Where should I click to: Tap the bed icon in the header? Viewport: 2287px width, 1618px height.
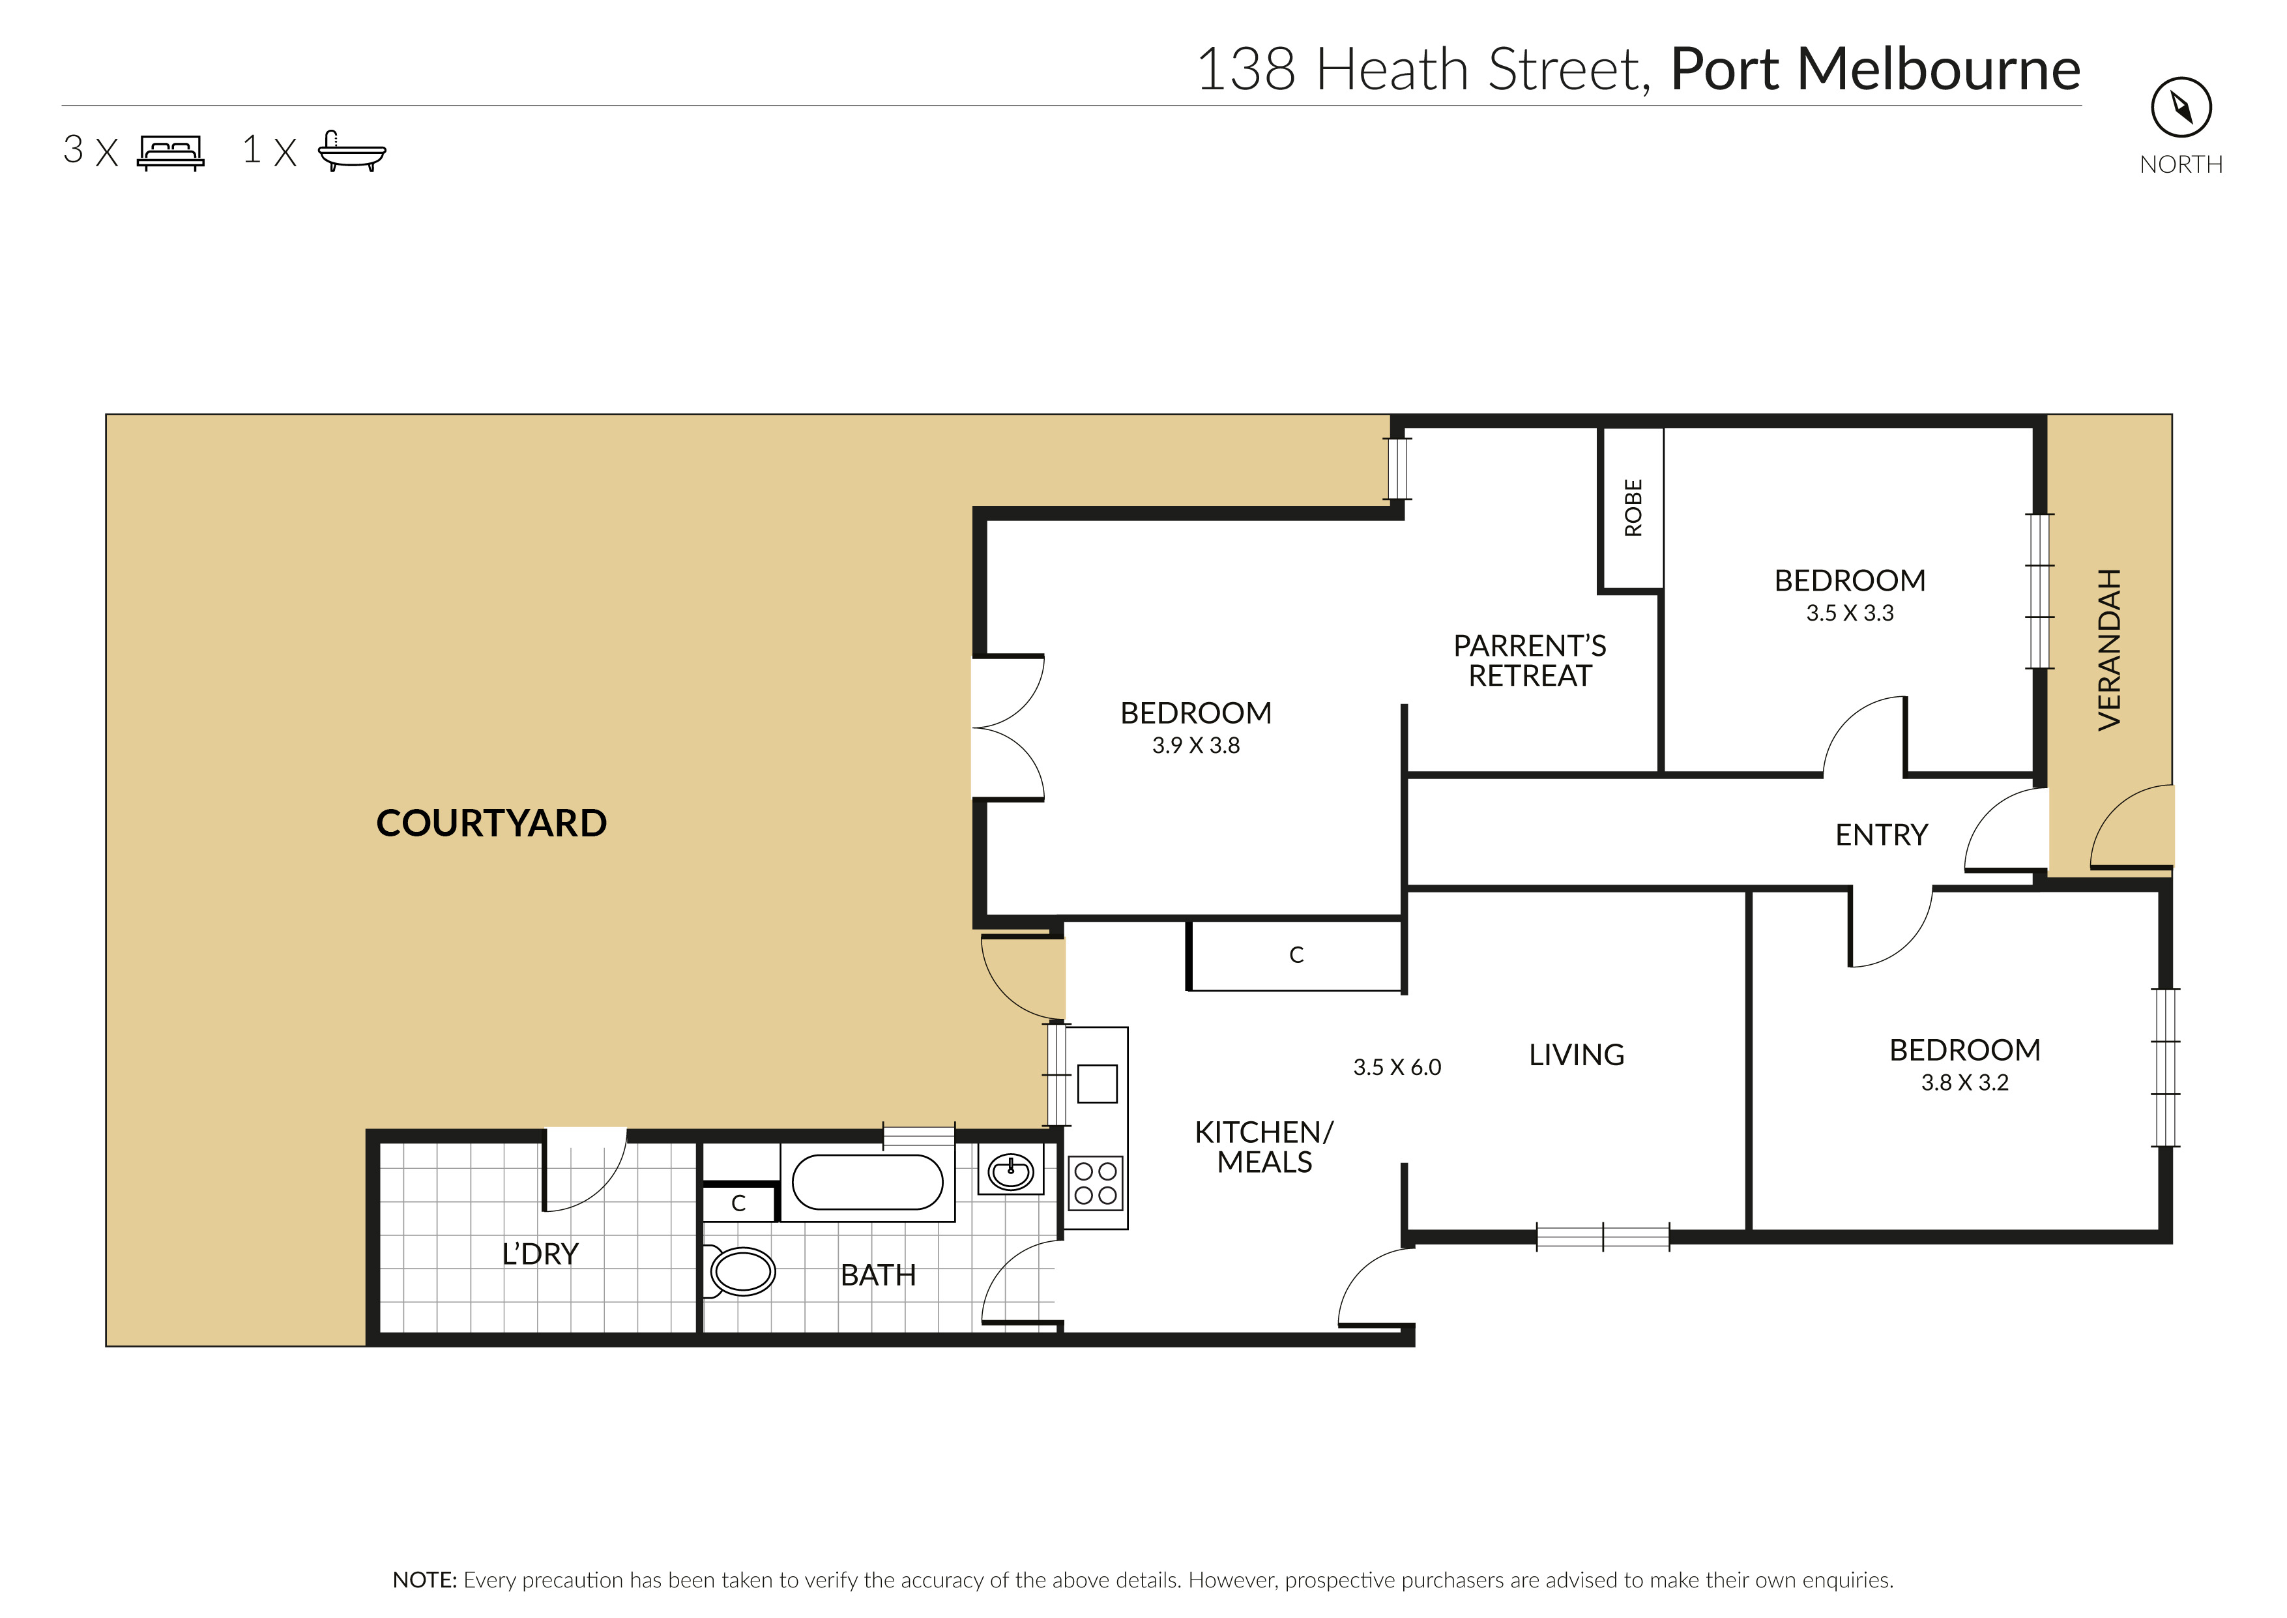[x=170, y=153]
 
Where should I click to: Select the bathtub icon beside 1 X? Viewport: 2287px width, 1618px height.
[x=351, y=151]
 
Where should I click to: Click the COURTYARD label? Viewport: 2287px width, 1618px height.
[x=491, y=823]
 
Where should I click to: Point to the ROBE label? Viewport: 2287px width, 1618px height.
[x=1633, y=507]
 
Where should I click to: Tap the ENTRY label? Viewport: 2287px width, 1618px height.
[x=1882, y=835]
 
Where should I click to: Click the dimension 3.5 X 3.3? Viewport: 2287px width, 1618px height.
[x=1850, y=613]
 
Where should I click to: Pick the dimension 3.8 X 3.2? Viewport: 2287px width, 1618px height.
[x=1964, y=1082]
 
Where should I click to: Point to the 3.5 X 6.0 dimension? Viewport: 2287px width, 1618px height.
[x=1397, y=1067]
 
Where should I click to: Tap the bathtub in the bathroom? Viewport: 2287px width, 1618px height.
[x=867, y=1183]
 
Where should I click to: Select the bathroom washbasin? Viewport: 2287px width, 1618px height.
[x=1010, y=1169]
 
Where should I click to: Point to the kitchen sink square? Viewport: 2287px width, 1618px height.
[x=1097, y=1083]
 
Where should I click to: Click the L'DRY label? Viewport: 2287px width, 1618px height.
[x=540, y=1254]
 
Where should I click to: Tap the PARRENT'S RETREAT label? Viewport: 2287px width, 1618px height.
[x=1529, y=660]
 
